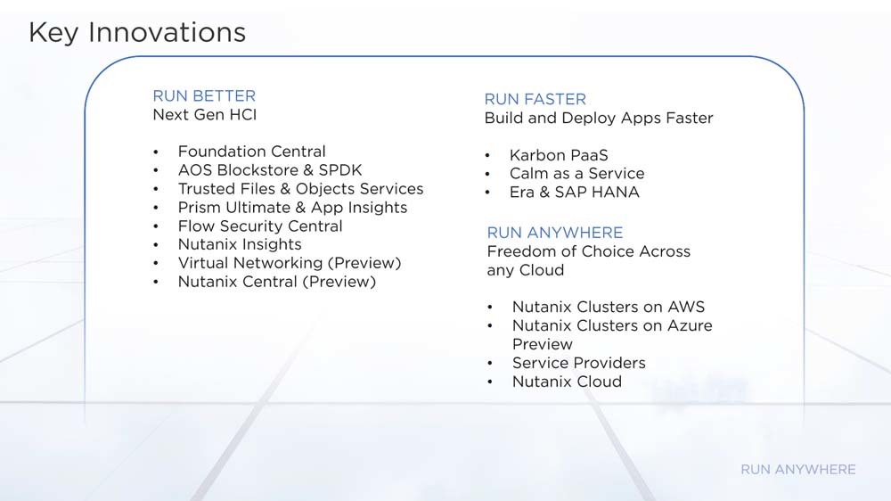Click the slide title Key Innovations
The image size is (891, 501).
pyautogui.click(x=137, y=32)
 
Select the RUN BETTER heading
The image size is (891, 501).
pyautogui.click(x=204, y=95)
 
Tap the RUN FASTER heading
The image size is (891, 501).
pyautogui.click(x=535, y=99)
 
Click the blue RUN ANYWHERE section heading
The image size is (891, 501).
pyautogui.click(x=554, y=233)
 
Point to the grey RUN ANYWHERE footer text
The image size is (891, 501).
pyautogui.click(x=797, y=469)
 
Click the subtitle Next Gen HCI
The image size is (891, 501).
pyautogui.click(x=205, y=114)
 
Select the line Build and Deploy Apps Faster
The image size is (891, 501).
pyautogui.click(x=599, y=118)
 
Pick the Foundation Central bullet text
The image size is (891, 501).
pyautogui.click(x=252, y=152)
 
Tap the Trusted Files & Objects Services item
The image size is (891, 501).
pyautogui.click(x=300, y=189)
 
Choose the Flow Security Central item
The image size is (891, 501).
pyautogui.click(x=260, y=226)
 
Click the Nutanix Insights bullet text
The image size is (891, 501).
pyautogui.click(x=240, y=244)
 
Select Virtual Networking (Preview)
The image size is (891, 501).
pyautogui.click(x=290, y=263)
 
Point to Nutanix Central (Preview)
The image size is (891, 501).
pyautogui.click(x=277, y=282)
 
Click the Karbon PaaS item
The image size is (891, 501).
pyautogui.click(x=559, y=155)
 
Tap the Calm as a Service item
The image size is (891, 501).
pyautogui.click(x=576, y=174)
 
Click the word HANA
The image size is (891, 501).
pyautogui.click(x=617, y=193)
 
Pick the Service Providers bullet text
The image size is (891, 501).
pyautogui.click(x=579, y=363)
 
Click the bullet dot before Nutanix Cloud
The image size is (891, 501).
pyautogui.click(x=490, y=382)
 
